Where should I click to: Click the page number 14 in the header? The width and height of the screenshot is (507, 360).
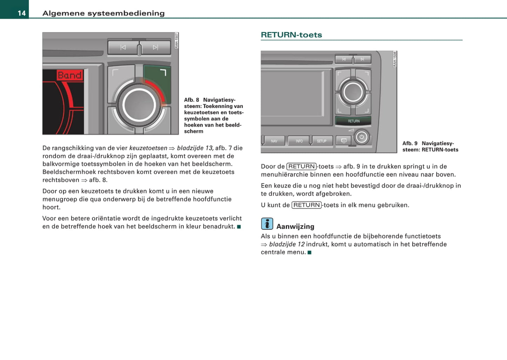coord(21,13)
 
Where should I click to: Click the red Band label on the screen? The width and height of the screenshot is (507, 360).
coord(69,75)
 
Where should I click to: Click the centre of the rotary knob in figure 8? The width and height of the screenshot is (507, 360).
coord(139,105)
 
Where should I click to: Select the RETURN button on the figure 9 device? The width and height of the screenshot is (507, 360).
coord(353,121)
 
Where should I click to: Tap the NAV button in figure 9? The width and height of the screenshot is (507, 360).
coord(274,141)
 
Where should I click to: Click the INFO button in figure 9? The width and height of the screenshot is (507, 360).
coord(299,141)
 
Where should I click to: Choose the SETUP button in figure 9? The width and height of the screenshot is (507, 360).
coord(321,141)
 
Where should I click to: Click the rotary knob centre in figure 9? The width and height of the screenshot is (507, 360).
coord(353,92)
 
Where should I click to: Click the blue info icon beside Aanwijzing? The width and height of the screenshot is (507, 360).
coord(267,224)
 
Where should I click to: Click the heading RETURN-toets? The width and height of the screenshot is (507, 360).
coord(291,35)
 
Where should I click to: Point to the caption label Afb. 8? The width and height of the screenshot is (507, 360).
coord(192,100)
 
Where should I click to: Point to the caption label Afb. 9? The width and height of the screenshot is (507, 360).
coord(410,144)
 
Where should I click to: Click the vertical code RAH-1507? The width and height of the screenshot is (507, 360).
coord(176,41)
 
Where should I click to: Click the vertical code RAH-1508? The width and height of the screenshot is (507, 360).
coord(395,59)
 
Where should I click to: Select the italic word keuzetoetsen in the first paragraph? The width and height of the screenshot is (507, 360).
coord(148,148)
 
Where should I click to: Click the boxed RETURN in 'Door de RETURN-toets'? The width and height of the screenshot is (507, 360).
coord(301,167)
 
